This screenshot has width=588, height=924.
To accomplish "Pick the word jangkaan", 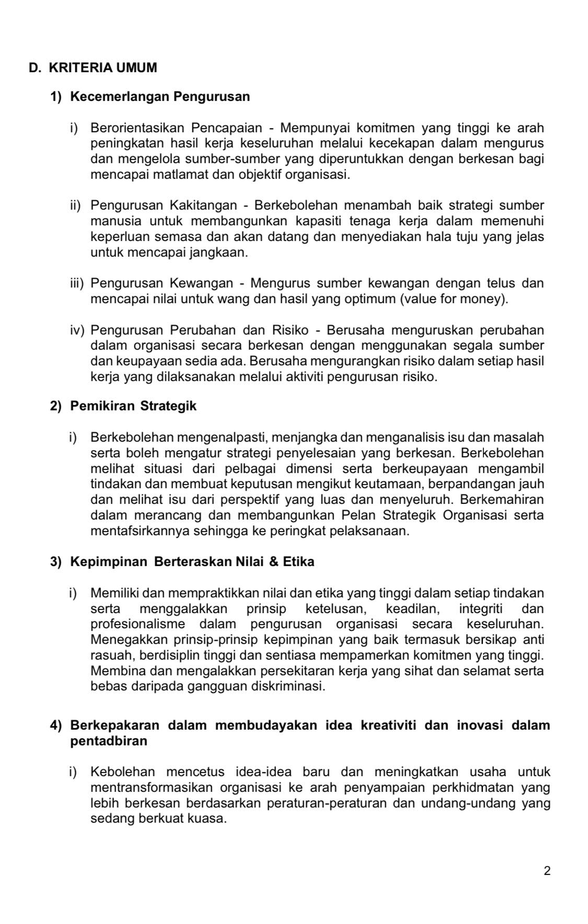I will coord(222,252).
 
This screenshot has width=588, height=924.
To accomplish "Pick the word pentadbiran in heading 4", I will coord(109,741).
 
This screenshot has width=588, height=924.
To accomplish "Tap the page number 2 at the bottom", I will coord(547,871).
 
